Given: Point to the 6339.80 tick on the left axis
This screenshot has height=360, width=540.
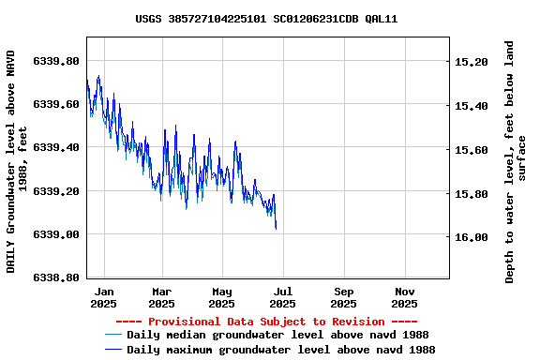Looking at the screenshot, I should coord(55,61).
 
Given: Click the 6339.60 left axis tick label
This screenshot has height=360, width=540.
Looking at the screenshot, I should coord(55,104).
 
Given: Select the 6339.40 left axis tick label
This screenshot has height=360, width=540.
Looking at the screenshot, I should coord(55,147).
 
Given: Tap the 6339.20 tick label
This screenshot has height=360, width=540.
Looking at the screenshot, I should coord(55,191).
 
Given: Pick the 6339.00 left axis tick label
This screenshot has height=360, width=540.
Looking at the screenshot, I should coord(55,234).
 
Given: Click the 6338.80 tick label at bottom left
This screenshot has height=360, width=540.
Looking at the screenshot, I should coord(55,277).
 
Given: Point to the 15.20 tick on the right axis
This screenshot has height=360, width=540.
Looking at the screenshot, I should coord(471,62).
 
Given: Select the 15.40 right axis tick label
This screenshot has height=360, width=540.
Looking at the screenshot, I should coord(471,106).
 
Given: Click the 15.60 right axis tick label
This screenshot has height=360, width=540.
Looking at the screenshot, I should coord(471,150).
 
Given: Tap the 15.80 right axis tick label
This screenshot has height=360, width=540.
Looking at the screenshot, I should coord(471,194).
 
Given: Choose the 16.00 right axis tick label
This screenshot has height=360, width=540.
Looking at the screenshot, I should coord(471,238).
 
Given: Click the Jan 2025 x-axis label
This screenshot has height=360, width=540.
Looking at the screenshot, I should coord(104,297).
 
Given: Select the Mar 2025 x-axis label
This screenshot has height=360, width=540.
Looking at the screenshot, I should coord(162,297).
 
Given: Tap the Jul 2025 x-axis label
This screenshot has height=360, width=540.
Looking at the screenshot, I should coord(282,297).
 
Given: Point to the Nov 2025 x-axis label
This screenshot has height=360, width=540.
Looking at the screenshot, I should coord(404,297).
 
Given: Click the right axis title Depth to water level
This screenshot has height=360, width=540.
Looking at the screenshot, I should coord(516,161).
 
